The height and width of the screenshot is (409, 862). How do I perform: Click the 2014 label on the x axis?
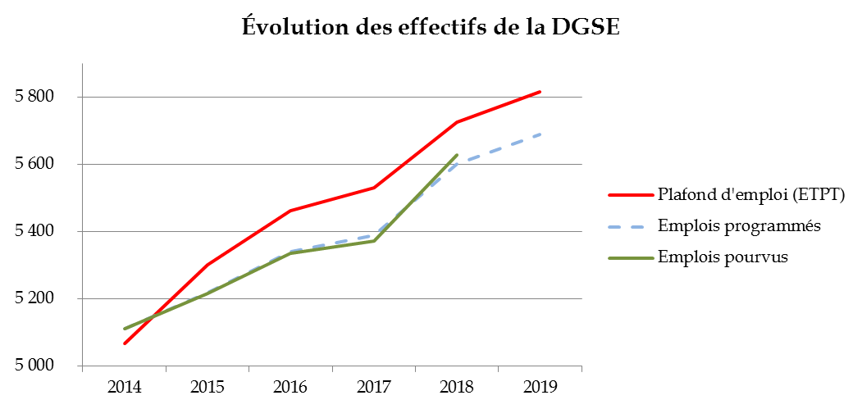coord(124,386)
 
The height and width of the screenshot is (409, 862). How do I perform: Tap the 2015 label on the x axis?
coord(208,386)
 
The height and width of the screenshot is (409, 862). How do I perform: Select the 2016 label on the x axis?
coord(290,386)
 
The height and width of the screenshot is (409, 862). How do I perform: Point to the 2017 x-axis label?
coord(374,386)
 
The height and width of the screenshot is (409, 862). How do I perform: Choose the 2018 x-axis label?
coord(457,386)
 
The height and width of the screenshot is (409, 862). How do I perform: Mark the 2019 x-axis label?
coord(540,386)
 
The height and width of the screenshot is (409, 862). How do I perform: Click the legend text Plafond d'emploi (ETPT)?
coord(750,195)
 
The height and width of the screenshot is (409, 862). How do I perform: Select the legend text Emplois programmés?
coord(740,225)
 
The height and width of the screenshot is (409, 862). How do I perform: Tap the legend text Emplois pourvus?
coord(723,257)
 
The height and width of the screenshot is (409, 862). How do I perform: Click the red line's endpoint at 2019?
coord(540,92)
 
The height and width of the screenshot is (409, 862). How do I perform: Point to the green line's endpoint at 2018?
coord(457,155)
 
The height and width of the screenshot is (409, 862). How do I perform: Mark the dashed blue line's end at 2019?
coord(540,134)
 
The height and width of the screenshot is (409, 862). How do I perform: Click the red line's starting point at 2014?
coord(125,343)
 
